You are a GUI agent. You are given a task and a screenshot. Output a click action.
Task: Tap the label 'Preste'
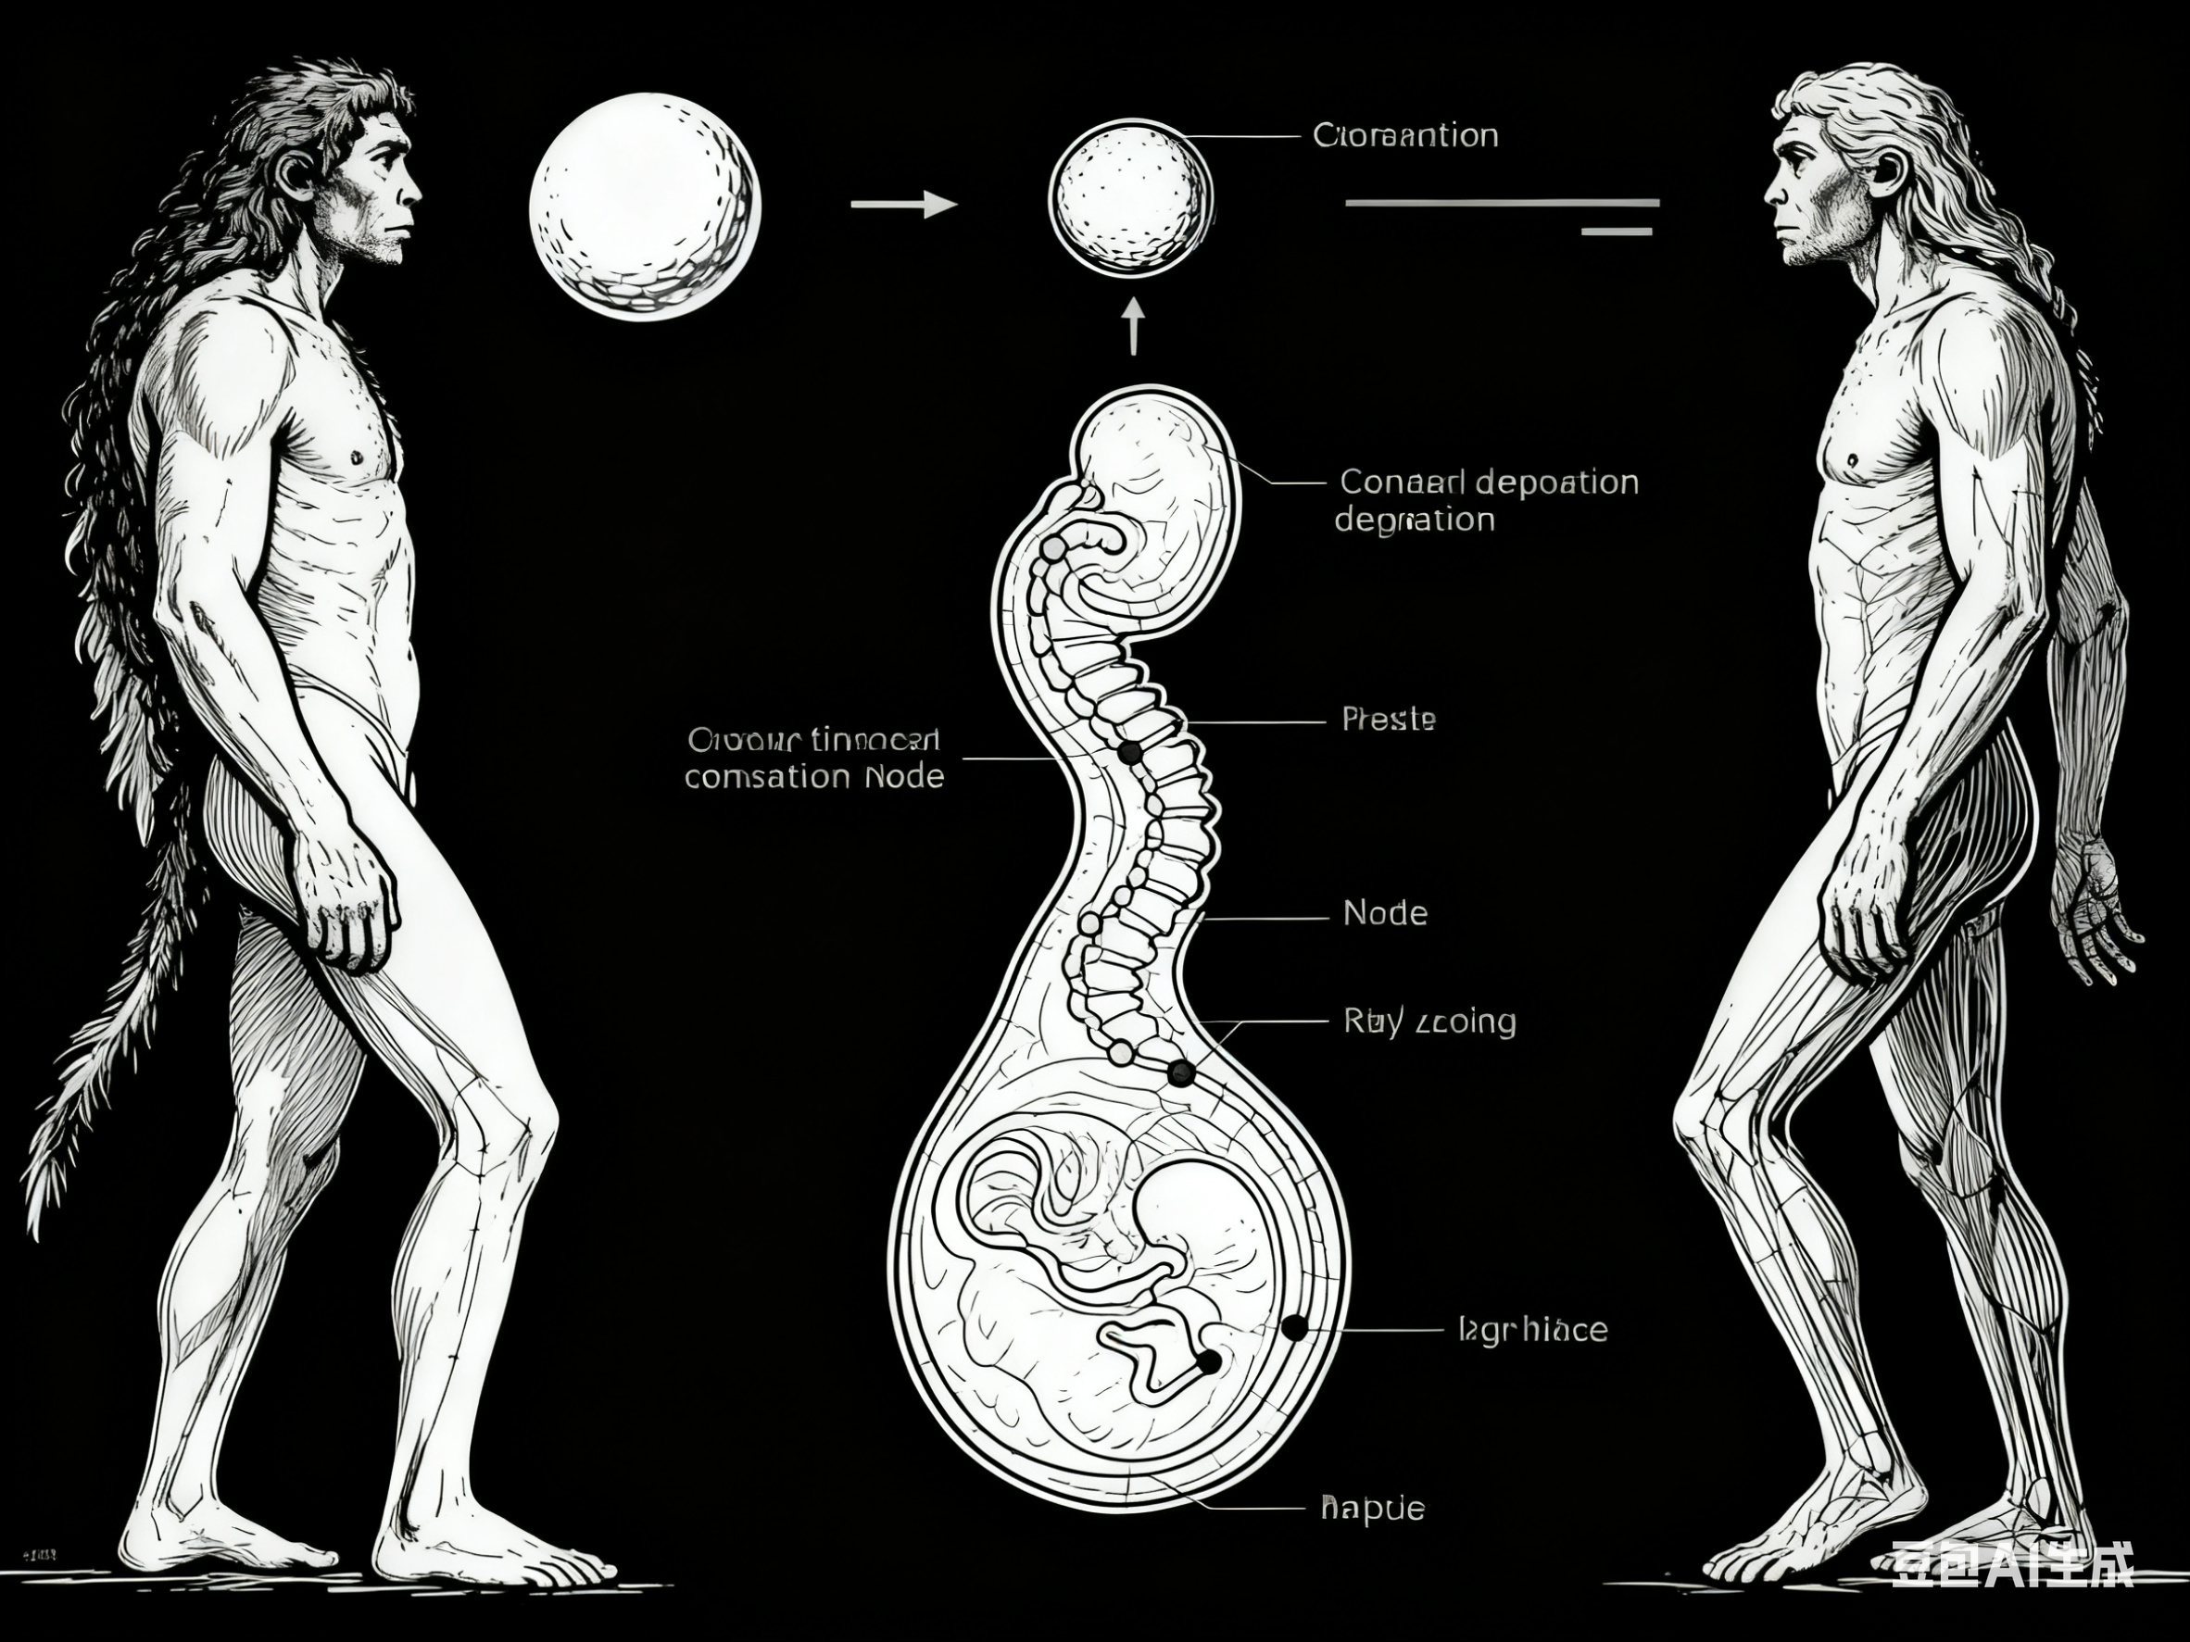pyautogui.click(x=1388, y=719)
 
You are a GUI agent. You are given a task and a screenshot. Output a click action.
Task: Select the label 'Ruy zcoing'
pyautogui.click(x=1429, y=1021)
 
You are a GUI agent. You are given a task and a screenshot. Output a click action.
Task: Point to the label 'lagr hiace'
pyautogui.click(x=1532, y=1329)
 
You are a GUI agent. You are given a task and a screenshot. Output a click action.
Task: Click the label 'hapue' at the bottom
pyautogui.click(x=1372, y=1536)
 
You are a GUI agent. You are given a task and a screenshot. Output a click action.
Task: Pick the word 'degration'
pyautogui.click(x=1413, y=520)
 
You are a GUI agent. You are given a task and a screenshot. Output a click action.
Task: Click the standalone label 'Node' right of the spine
pyautogui.click(x=1384, y=912)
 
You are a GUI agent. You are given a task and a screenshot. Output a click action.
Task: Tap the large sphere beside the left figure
pyautogui.click(x=645, y=206)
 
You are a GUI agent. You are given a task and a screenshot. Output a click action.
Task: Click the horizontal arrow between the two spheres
pyautogui.click(x=904, y=205)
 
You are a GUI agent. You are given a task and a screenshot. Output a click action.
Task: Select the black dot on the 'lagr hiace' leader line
pyautogui.click(x=1293, y=1327)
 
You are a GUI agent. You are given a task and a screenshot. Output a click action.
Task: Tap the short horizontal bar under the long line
pyautogui.click(x=1617, y=232)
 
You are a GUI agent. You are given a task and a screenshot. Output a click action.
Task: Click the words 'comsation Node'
pyautogui.click(x=813, y=777)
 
